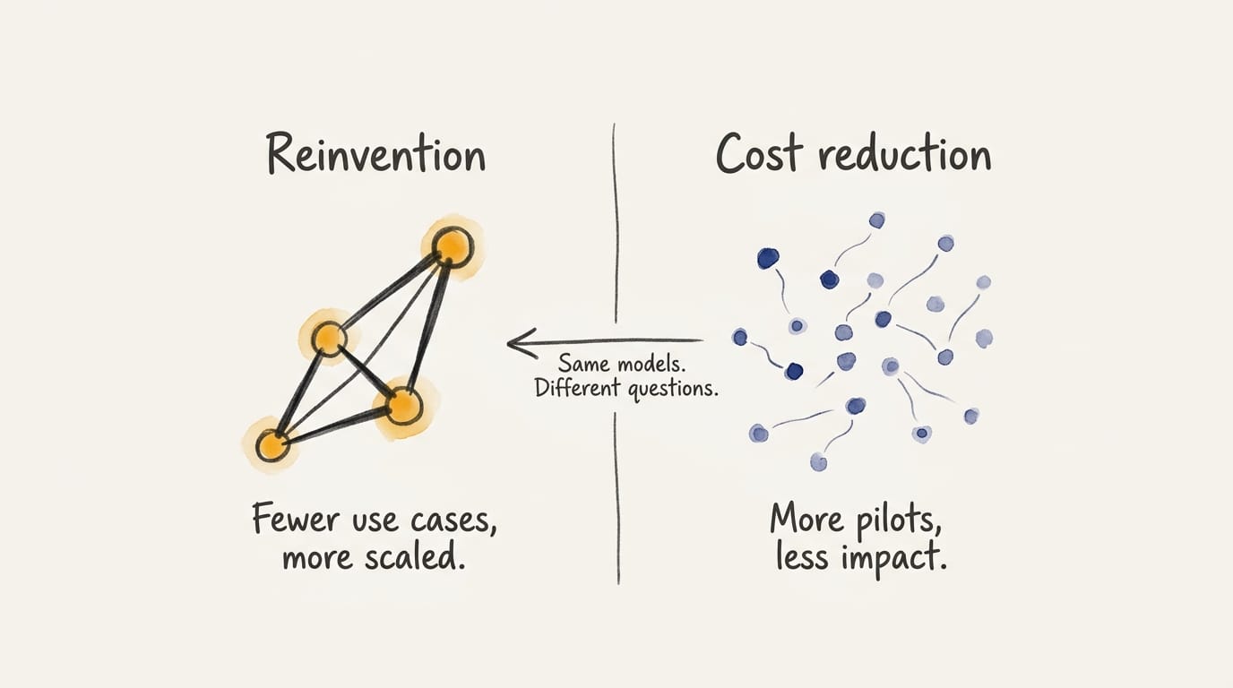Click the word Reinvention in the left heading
(375, 155)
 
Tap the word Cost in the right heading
(757, 155)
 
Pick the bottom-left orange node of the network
(272, 444)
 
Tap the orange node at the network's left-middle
(330, 340)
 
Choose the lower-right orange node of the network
(404, 406)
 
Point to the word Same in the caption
(584, 365)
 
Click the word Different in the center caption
(575, 390)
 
